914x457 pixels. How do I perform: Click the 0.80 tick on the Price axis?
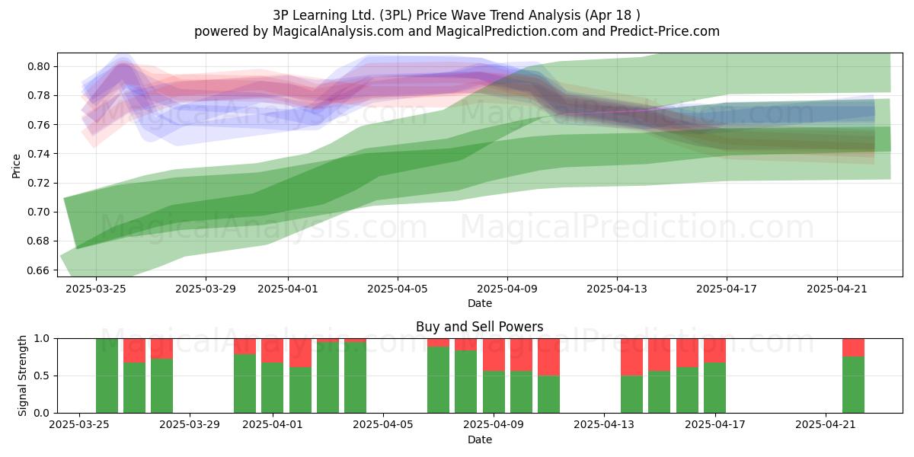tap(38, 66)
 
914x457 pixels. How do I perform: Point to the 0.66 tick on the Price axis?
tap(38, 270)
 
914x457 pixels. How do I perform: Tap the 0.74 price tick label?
tap(38, 154)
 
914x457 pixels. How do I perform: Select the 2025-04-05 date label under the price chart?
tap(398, 289)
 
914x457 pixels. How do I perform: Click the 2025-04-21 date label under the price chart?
tap(837, 289)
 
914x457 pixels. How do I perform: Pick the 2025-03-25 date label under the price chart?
tap(96, 289)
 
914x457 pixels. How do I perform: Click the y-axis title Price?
tap(16, 166)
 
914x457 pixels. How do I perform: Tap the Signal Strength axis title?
tap(22, 376)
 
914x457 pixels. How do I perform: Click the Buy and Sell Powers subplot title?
tap(479, 327)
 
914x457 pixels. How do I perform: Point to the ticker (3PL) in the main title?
tap(396, 15)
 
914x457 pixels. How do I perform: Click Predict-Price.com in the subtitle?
tap(665, 31)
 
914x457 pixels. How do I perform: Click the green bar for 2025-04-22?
tap(853, 385)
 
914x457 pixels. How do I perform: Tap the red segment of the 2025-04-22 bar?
tap(853, 347)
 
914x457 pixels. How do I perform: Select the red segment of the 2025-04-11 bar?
tap(549, 357)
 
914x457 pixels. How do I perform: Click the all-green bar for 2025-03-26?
tap(107, 376)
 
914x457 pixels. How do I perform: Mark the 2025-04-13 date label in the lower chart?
tap(604, 425)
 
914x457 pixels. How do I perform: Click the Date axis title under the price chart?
tap(479, 303)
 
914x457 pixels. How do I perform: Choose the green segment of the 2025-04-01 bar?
tap(272, 388)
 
